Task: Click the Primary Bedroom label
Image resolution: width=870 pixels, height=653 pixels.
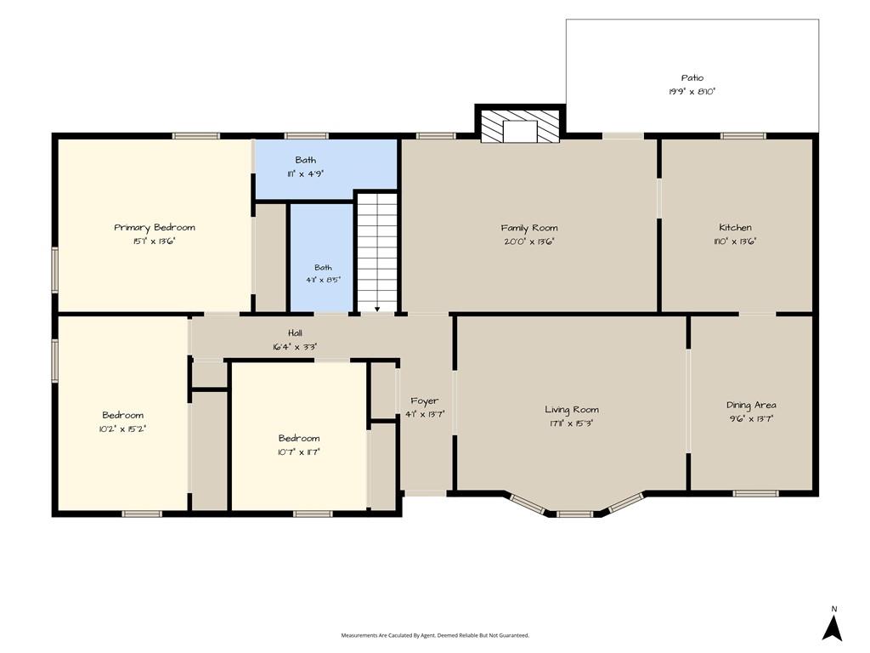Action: (155, 227)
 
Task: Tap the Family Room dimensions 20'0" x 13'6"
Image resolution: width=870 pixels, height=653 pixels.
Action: (529, 241)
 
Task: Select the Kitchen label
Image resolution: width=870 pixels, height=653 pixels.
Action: (735, 227)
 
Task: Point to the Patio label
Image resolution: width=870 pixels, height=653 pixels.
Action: (692, 77)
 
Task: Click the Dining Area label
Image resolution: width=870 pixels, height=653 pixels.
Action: (751, 406)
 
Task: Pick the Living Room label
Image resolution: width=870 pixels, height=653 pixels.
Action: (572, 410)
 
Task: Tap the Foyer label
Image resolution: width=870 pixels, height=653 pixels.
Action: (425, 401)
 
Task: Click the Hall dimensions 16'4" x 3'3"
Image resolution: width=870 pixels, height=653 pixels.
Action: (295, 347)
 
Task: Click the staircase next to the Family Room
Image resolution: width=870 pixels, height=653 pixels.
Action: (376, 253)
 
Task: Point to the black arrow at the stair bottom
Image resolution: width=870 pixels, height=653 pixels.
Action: (376, 309)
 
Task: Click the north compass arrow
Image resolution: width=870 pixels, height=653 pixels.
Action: (833, 628)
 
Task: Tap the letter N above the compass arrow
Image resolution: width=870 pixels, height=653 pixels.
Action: (834, 609)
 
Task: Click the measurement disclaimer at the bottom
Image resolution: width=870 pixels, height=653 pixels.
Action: (435, 635)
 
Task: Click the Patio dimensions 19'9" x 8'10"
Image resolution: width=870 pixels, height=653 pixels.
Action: (692, 92)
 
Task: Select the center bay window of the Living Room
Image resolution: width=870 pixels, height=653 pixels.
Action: (575, 514)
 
